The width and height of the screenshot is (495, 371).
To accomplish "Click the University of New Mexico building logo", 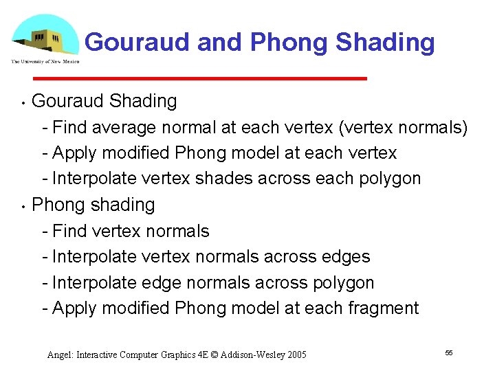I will [x=44, y=36].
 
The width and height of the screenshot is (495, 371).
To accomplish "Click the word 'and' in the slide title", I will [x=221, y=43].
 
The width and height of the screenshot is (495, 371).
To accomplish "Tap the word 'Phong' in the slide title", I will [x=289, y=43].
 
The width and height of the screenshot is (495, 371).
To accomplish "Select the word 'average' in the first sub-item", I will [x=123, y=127].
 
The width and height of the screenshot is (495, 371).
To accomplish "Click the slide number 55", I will [x=449, y=352].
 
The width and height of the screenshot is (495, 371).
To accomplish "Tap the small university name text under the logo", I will [x=45, y=62].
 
